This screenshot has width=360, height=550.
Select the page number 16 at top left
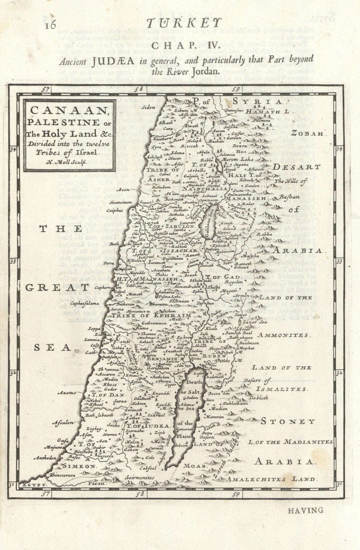click(51, 25)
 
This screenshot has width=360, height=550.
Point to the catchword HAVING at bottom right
click(306, 510)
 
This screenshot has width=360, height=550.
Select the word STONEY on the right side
click(298, 421)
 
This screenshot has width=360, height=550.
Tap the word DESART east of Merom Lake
click(296, 167)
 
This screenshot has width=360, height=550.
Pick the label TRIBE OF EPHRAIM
click(151, 315)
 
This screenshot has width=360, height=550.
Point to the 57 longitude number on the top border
click(45, 89)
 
